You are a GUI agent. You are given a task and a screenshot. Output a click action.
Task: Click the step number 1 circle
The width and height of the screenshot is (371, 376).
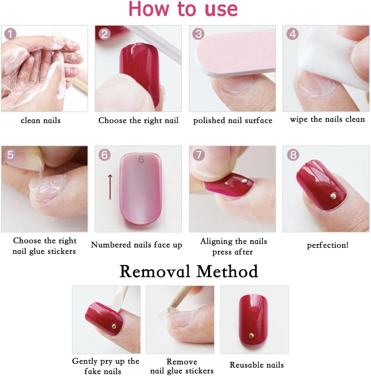coord(10,33)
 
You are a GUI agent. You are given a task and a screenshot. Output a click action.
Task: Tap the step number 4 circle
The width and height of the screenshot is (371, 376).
coord(292,34)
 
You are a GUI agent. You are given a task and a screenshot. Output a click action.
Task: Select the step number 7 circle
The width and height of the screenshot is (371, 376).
coord(199,155)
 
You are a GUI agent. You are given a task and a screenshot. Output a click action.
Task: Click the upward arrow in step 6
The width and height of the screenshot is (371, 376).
coord(110,187)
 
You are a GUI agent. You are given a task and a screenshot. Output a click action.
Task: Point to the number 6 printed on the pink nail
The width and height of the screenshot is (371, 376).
coord(141,159)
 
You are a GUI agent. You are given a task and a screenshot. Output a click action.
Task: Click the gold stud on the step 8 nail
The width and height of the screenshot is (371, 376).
coord(334,195)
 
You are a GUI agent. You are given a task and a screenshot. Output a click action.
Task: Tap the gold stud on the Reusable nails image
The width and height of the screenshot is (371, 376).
coord(252,336)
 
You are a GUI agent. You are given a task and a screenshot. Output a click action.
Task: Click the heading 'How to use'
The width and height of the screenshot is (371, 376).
coord(183,9)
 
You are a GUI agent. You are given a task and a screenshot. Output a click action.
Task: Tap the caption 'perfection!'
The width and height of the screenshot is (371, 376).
coord(328,245)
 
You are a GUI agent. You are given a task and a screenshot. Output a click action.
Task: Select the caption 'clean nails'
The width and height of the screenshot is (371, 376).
coord(41,121)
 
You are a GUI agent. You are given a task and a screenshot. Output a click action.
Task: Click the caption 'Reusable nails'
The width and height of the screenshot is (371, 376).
coord(257,365)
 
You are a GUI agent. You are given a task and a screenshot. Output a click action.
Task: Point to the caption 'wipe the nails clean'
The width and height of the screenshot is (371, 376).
coord(327,119)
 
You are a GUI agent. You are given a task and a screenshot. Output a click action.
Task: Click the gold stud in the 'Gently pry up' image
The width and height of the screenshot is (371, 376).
coord(114,327)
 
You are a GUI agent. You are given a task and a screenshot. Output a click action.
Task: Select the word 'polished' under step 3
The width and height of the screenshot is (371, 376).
coord(209,121)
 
